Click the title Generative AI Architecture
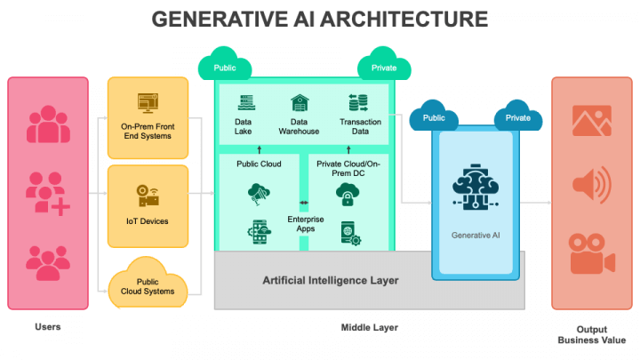319,19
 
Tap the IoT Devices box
148,205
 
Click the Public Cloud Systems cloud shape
148,283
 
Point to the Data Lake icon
244,102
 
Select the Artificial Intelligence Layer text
330,281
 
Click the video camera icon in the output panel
592,253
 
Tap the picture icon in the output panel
592,121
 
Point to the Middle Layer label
370,328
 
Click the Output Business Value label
591,333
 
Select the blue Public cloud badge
435,118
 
